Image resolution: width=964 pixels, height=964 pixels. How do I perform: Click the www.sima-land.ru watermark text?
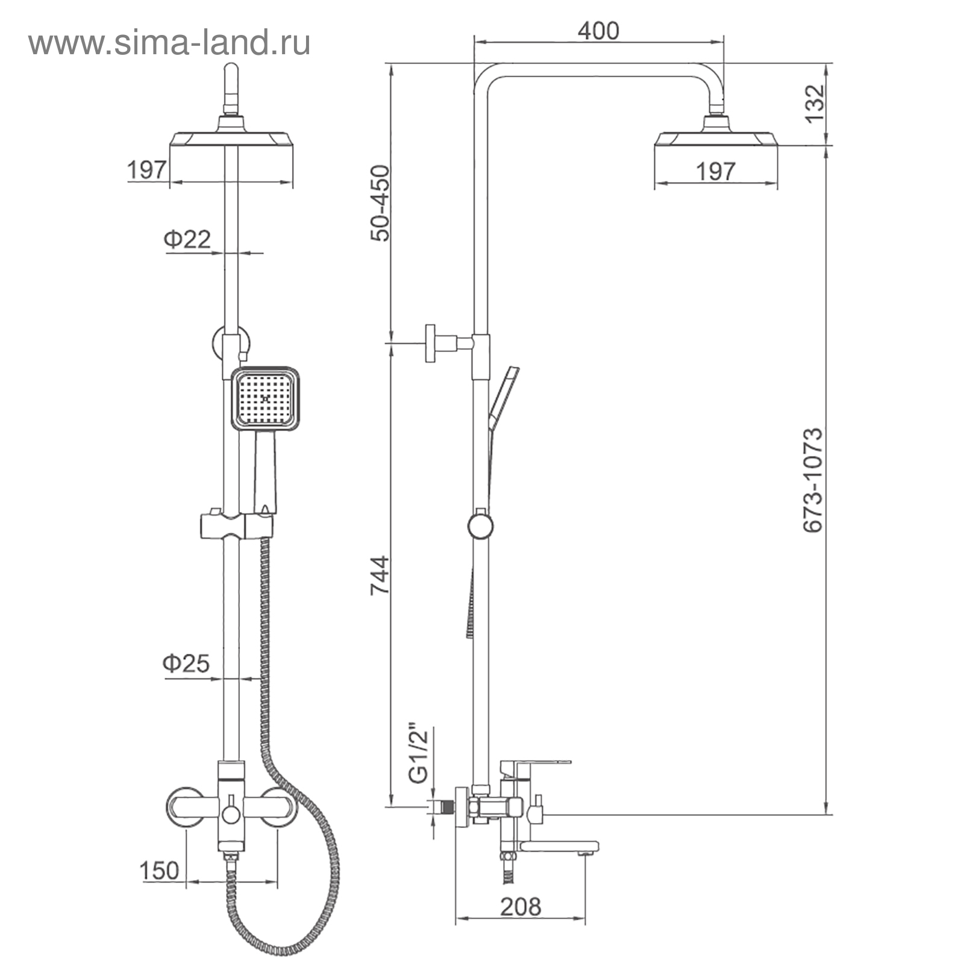pos(169,43)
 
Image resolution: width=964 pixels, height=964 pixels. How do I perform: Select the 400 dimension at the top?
pos(598,31)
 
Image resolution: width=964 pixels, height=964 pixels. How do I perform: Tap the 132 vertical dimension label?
pos(814,103)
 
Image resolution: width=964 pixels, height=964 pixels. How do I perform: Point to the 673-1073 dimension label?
pos(813,480)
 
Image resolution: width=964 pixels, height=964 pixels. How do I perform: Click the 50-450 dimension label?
pos(380,203)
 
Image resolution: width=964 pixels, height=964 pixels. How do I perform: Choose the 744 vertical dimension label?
pos(380,576)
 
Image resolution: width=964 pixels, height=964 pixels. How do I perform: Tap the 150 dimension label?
pos(159,870)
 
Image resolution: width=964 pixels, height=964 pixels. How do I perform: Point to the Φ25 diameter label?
pos(186,663)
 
